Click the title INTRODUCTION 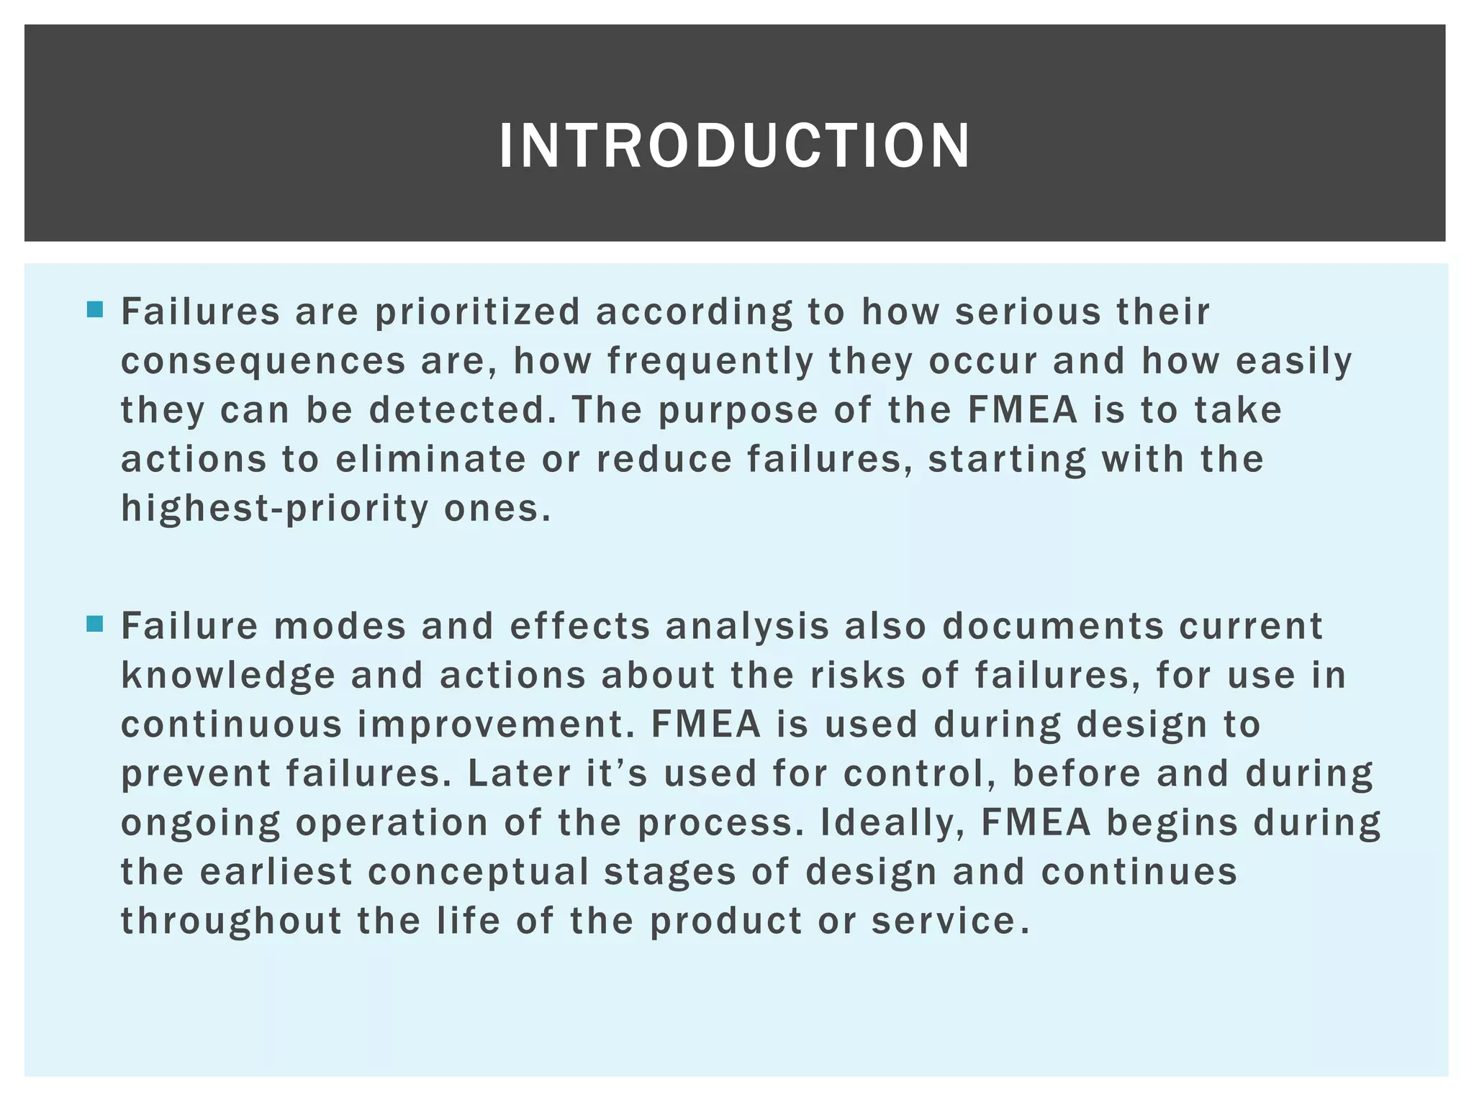click(734, 146)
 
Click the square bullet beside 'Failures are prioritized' click(94, 310)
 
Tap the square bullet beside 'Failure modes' click(94, 624)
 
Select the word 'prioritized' click(477, 312)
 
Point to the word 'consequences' click(263, 361)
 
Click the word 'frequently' click(710, 361)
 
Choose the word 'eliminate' click(430, 459)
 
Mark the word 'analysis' click(747, 626)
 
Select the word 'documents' click(1052, 626)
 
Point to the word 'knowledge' click(228, 676)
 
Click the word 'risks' click(857, 676)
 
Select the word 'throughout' click(230, 921)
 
